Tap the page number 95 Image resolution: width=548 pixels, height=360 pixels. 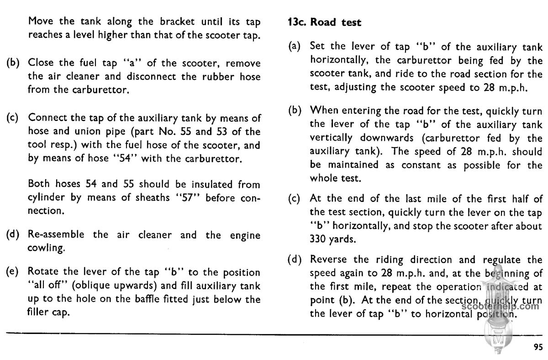pyautogui.click(x=538, y=346)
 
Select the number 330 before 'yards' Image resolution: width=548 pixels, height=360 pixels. pyautogui.click(x=318, y=238)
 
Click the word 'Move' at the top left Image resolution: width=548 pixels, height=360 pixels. pyautogui.click(x=40, y=21)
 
